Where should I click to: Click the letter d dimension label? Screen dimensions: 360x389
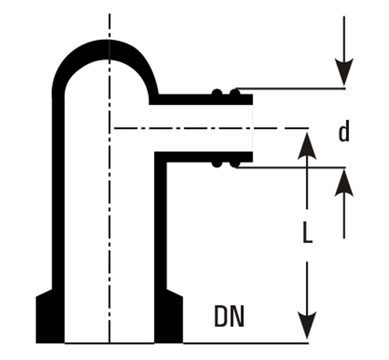click(x=344, y=132)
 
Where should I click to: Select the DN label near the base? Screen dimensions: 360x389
click(x=229, y=317)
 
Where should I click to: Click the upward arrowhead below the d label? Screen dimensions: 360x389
click(x=344, y=183)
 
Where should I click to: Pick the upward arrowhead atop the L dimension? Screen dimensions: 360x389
click(x=308, y=145)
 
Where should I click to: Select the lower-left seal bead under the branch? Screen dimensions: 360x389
click(x=217, y=164)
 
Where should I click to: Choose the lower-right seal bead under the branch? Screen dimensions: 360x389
click(x=234, y=164)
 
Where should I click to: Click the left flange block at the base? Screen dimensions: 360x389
click(x=50, y=319)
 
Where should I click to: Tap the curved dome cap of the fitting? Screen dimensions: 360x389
click(x=107, y=49)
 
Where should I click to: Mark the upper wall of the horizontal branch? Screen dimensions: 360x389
click(x=202, y=99)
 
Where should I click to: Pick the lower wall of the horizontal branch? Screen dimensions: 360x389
click(x=202, y=157)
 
